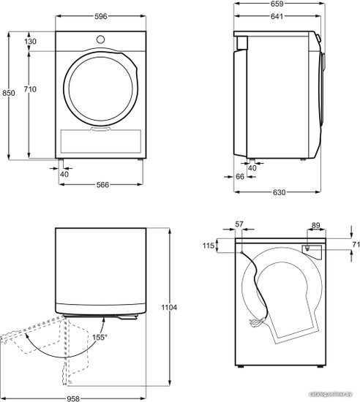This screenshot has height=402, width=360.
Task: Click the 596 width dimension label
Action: click(x=100, y=16)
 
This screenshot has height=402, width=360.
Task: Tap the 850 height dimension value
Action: click(x=9, y=93)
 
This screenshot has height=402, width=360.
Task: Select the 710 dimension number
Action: click(x=30, y=89)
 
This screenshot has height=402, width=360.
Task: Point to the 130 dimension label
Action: click(x=31, y=41)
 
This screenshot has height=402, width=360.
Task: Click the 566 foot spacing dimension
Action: click(x=102, y=185)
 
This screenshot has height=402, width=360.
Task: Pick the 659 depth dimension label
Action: click(x=277, y=4)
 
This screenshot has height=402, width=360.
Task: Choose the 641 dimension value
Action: click(x=277, y=16)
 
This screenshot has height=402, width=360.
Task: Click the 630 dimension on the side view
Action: click(x=280, y=192)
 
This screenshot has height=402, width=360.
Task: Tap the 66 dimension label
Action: click(x=240, y=176)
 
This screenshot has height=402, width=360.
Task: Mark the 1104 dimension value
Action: click(x=169, y=307)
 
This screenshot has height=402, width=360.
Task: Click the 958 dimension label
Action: click(x=73, y=398)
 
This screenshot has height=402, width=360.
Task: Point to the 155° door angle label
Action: click(x=100, y=337)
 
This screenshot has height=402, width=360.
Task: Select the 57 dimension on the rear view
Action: click(x=239, y=224)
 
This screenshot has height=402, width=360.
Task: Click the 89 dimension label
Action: click(x=316, y=225)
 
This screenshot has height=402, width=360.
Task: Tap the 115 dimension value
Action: click(x=209, y=246)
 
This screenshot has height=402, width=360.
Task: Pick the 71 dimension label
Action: click(x=356, y=245)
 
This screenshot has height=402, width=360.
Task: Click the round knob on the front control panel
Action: click(x=100, y=39)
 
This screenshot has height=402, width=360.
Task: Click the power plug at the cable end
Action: click(x=255, y=323)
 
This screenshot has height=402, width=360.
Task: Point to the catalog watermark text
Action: click(x=331, y=394)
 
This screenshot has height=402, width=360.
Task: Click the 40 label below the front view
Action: click(x=64, y=175)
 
